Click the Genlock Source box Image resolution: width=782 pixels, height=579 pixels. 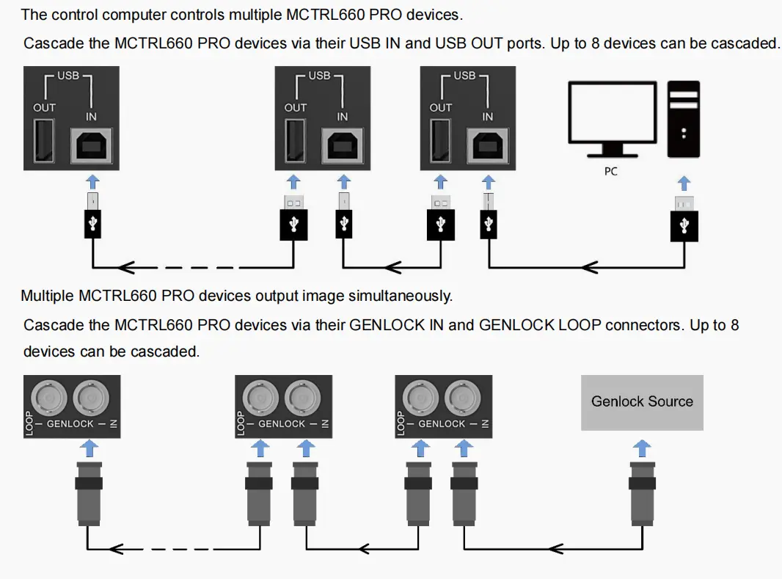pos(642,402)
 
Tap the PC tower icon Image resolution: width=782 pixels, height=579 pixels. pos(683,119)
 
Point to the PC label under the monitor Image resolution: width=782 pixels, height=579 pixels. pos(611,171)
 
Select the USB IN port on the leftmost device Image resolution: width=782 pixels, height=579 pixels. pos(92,145)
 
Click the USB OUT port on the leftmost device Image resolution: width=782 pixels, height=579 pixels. pos(45,142)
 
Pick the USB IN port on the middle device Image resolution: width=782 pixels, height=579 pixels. pos(343,145)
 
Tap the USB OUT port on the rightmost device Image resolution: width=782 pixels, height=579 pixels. pos(441,142)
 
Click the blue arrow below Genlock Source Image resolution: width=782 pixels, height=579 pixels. pos(643,446)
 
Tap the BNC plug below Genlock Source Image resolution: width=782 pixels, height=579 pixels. pos(643,493)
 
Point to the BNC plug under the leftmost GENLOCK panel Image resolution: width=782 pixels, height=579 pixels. pos(88,493)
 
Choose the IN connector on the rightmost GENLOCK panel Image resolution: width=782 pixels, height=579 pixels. pos(466,398)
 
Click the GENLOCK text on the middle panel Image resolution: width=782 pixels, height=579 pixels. pos(282,424)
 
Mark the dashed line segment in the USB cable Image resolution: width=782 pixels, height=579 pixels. pos(195,266)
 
